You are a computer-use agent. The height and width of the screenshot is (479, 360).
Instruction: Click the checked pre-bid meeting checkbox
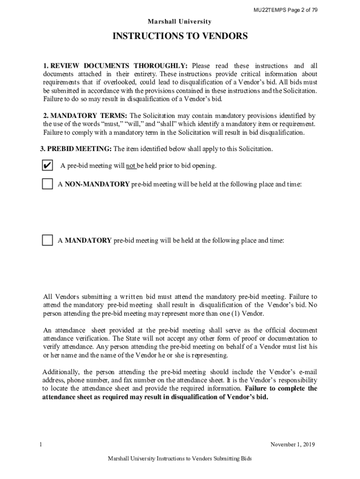47,166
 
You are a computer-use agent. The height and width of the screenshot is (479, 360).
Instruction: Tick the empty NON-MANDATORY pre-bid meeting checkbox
47,184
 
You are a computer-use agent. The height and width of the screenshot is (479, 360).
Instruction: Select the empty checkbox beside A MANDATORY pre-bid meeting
47,240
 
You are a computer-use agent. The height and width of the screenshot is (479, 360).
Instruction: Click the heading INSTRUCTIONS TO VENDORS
180,36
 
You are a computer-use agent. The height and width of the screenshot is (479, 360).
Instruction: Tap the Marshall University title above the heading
180,22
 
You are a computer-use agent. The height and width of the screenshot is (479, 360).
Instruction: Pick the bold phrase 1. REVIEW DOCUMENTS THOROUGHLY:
116,65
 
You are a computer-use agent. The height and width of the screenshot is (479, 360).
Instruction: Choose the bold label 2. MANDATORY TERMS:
85,116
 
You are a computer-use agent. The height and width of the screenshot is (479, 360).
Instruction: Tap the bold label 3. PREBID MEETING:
75,149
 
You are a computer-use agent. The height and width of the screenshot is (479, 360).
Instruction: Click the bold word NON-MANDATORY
97,184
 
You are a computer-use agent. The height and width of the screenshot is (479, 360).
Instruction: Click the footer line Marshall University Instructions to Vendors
180,459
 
